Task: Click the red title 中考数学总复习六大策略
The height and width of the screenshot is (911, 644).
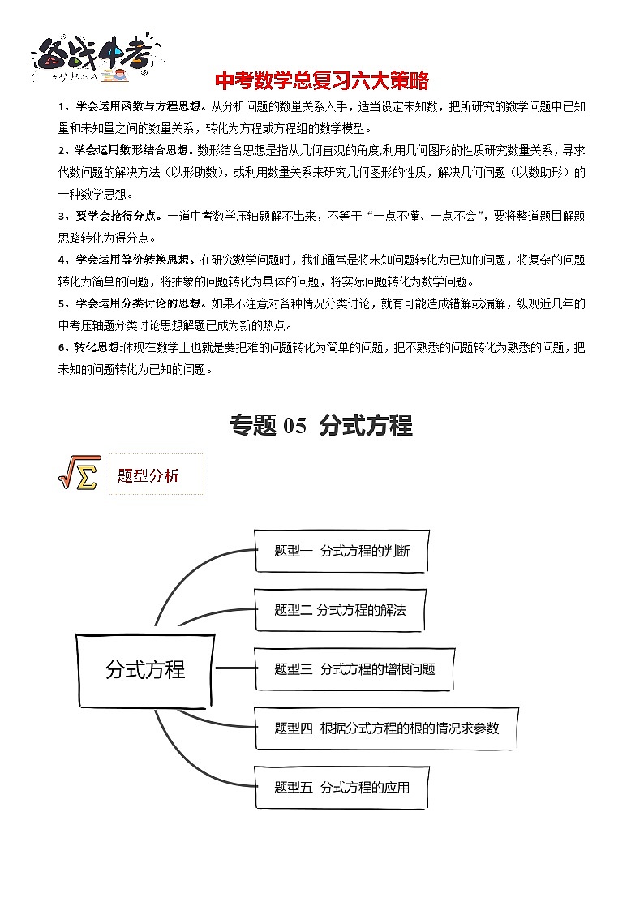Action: [321, 82]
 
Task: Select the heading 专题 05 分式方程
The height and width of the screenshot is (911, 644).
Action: [321, 425]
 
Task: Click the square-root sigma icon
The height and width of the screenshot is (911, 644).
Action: [78, 473]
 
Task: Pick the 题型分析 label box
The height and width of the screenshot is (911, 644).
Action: [155, 475]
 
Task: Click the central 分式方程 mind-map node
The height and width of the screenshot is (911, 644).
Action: [145, 669]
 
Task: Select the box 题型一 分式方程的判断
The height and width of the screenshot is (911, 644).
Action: [341, 552]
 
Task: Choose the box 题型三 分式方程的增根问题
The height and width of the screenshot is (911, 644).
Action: [354, 669]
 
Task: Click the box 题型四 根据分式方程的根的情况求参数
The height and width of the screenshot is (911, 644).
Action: [386, 728]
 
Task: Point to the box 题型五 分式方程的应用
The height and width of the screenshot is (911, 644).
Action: [341, 787]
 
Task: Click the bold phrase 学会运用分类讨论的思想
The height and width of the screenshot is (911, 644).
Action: [141, 304]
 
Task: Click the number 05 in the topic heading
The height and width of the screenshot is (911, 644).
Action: [292, 426]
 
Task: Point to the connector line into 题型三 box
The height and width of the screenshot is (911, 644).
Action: [235, 669]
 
